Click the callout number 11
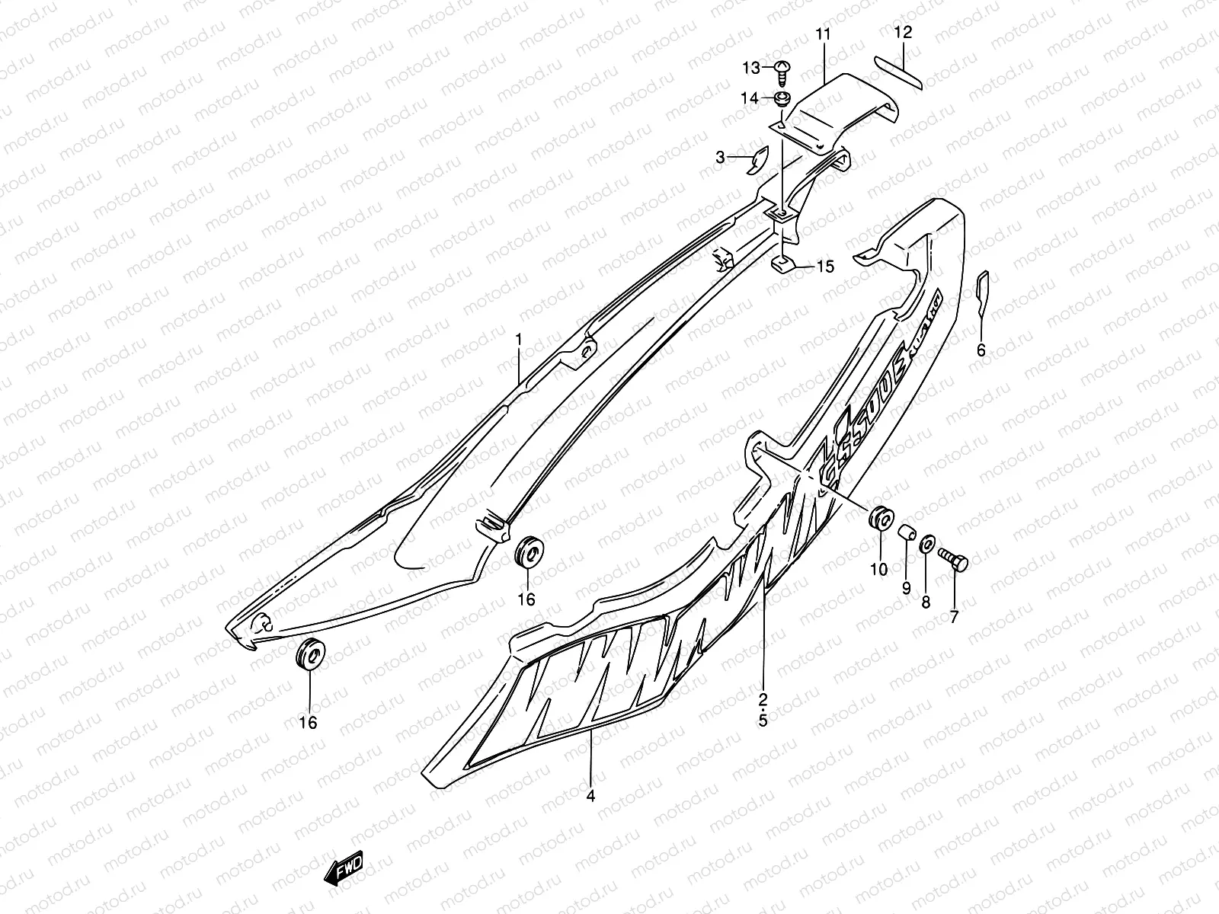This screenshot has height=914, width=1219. (x=824, y=34)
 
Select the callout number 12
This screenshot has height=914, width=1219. (x=903, y=33)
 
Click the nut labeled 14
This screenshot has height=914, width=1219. (x=781, y=98)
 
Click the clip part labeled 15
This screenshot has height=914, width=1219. (x=784, y=264)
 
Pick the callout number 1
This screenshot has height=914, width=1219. (x=519, y=340)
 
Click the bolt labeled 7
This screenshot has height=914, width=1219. (x=954, y=563)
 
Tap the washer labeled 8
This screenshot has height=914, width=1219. (x=927, y=544)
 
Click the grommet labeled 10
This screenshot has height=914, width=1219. (x=879, y=520)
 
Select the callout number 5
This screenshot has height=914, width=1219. (x=763, y=720)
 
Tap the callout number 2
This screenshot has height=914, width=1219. (x=763, y=698)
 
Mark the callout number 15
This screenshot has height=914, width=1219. (x=824, y=267)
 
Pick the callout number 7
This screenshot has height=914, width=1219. (x=954, y=617)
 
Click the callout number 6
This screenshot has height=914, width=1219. (x=981, y=350)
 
